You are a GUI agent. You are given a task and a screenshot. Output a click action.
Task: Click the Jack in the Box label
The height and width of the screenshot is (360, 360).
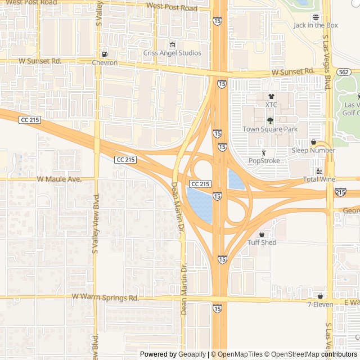tap(316, 25)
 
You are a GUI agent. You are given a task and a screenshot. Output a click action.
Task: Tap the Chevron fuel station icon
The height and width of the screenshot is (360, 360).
tap(105, 54)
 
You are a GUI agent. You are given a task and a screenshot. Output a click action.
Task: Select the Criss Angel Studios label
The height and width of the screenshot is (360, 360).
tap(172, 53)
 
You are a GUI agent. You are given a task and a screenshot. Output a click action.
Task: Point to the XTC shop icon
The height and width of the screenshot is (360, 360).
tap(271, 97)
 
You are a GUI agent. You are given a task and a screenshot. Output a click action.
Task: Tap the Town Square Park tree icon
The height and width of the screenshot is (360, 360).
tap(270, 120)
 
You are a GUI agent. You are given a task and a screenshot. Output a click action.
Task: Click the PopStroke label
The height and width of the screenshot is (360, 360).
tap(264, 161)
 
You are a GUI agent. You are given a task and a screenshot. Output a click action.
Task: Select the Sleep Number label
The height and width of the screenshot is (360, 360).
tap(313, 150)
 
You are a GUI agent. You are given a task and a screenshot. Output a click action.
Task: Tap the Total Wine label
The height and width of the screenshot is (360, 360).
tap(319, 179)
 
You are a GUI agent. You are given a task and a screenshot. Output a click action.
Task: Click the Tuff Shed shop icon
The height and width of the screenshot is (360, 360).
tap(262, 234)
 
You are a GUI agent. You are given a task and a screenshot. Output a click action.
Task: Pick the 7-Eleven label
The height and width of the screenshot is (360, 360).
tap(320, 304)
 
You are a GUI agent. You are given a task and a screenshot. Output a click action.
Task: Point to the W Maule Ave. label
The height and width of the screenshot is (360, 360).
tap(59, 179)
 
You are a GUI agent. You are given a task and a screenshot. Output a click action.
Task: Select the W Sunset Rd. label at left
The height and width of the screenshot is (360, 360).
tap(39, 60)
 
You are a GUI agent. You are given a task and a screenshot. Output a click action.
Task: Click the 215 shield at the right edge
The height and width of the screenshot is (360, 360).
tap(340, 192)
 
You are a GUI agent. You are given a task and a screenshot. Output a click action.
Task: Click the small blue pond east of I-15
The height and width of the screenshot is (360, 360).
tap(235, 179)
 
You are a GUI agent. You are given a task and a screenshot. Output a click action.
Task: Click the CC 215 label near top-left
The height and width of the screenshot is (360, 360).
tap(30, 120)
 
